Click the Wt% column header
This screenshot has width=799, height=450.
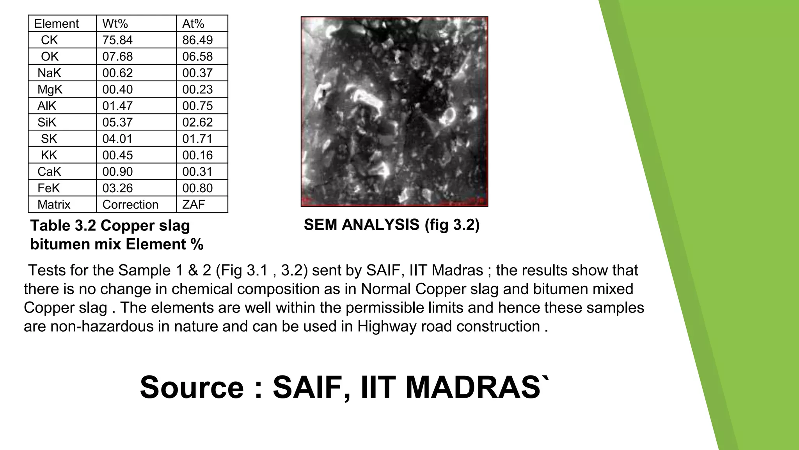[x=115, y=24]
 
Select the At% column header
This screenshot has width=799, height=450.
[x=193, y=24]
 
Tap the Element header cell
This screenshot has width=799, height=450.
[x=57, y=24]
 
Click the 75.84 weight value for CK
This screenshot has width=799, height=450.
[x=117, y=40]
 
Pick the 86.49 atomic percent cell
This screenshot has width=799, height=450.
[x=197, y=40]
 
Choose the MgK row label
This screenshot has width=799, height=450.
[x=50, y=89]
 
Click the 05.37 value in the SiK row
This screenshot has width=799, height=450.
[x=117, y=122]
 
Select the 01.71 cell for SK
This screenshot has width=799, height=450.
[x=197, y=139]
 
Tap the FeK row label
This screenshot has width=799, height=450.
[x=48, y=188]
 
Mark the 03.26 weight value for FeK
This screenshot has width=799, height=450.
[x=117, y=188]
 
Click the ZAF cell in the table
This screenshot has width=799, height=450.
[x=194, y=205]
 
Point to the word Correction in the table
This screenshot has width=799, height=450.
[x=130, y=205]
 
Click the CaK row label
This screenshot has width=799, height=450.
[x=49, y=172]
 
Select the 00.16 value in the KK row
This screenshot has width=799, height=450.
[x=197, y=155]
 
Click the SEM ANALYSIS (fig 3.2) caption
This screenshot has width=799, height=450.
[x=391, y=225]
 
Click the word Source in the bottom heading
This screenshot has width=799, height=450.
[x=192, y=387]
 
